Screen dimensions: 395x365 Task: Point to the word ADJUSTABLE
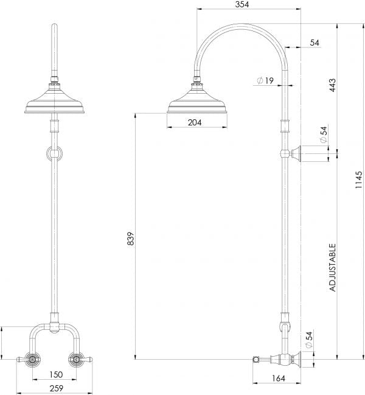(332, 268)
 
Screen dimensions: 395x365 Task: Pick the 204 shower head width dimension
(194, 122)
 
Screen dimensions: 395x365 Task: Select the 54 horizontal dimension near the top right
(315, 42)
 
